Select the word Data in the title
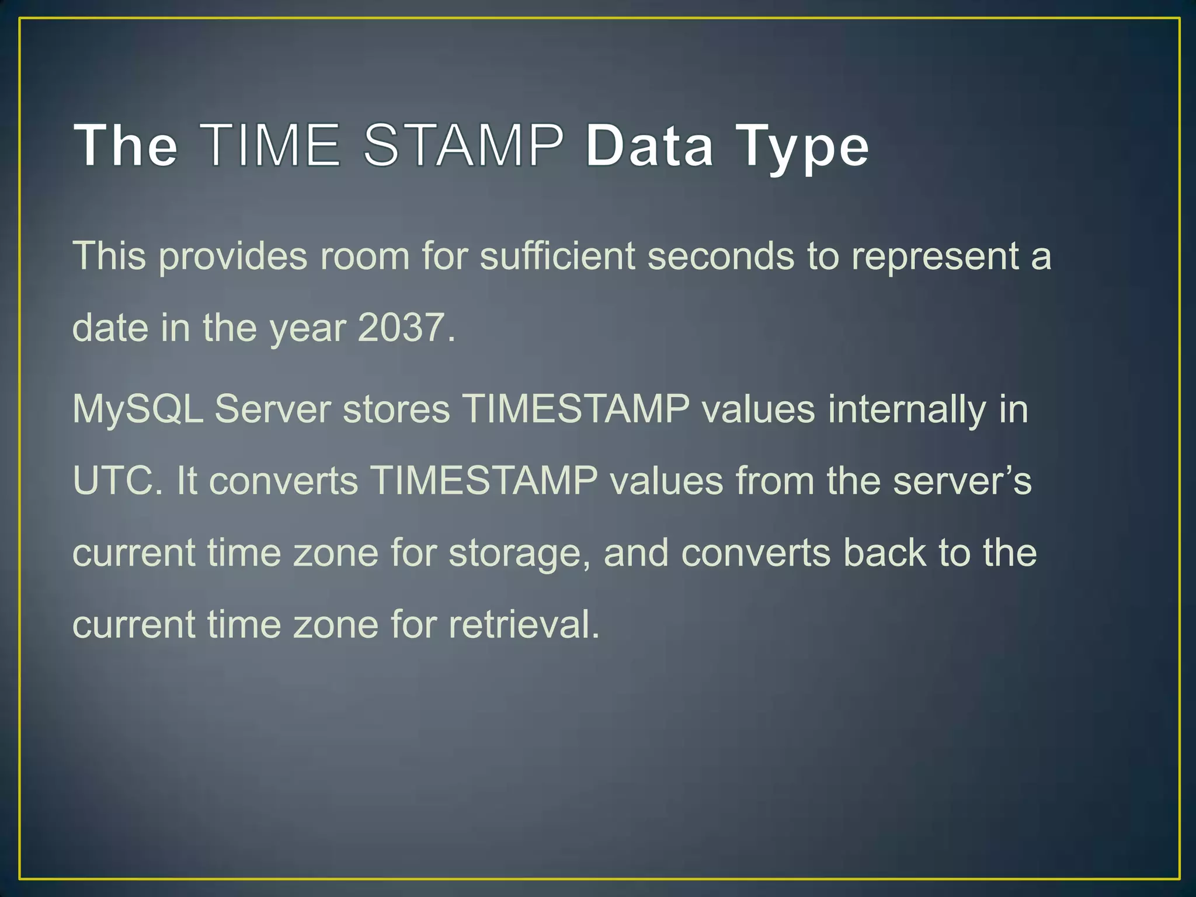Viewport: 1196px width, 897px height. tap(649, 145)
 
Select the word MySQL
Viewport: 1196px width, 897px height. tap(138, 409)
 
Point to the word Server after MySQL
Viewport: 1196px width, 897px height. tap(273, 409)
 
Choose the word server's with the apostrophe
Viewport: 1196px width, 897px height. tap(963, 481)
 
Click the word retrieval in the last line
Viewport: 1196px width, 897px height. tap(524, 624)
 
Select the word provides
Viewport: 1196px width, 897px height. tap(232, 257)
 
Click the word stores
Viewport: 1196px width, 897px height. tap(397, 409)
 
